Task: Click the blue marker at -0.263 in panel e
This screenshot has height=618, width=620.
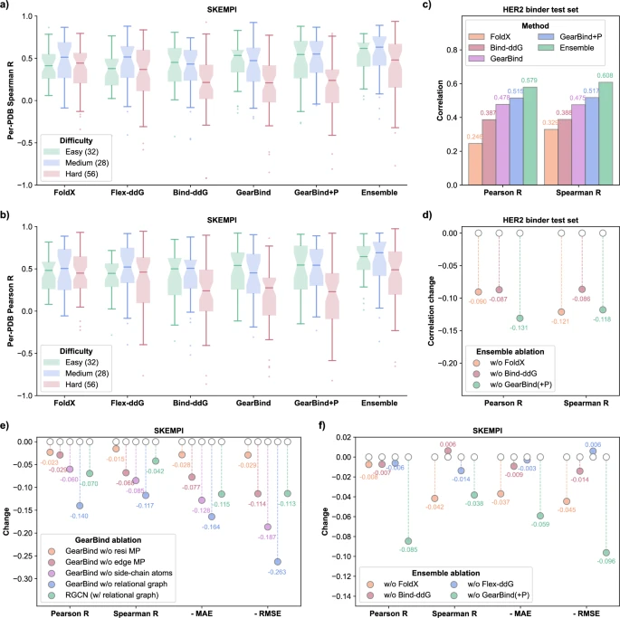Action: pyautogui.click(x=278, y=562)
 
